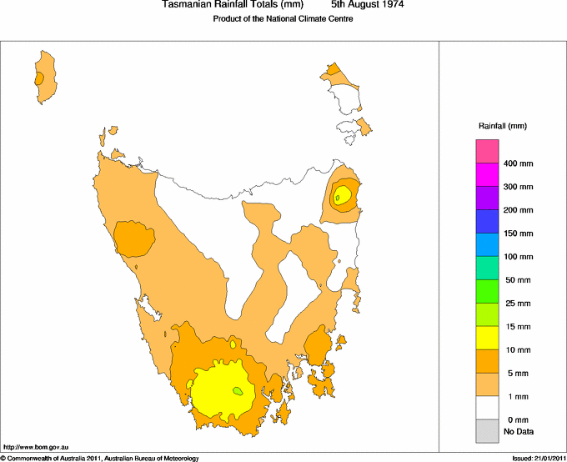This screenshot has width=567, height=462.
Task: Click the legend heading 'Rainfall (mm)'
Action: tap(502, 126)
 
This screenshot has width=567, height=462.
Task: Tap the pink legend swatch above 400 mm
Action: tap(487, 152)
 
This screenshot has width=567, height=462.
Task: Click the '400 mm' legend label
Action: tap(518, 163)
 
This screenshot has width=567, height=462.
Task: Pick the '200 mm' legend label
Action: tap(518, 210)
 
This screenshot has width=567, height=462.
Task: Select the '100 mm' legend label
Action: tap(518, 257)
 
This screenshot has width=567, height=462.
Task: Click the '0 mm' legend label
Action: tap(514, 419)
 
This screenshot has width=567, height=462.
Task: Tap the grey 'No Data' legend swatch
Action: tap(487, 431)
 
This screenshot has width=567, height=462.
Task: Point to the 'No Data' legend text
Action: tap(518, 432)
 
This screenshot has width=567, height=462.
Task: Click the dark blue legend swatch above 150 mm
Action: tap(487, 222)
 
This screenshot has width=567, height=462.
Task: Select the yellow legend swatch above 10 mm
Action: tap(487, 338)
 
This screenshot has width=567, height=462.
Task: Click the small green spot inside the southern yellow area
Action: tap(238, 390)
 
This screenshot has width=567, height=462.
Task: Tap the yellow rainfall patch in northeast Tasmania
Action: tap(342, 196)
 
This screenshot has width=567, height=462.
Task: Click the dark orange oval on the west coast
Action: tap(133, 239)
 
